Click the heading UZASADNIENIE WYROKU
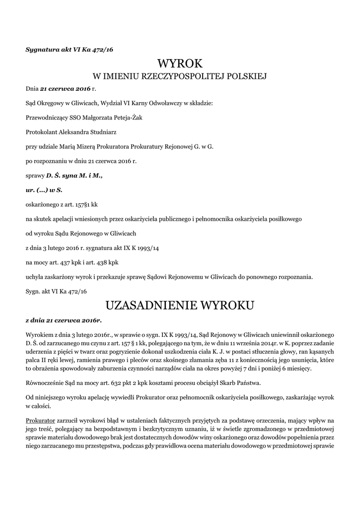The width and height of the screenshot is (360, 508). [180, 304]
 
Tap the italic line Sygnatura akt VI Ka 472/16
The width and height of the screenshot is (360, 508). [70, 50]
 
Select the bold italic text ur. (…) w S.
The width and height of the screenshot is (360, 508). [44, 190]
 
